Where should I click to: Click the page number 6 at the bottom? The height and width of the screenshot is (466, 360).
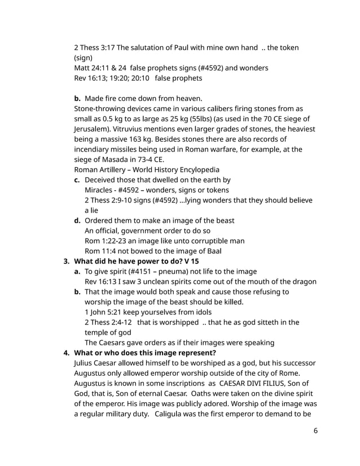tap(315, 430)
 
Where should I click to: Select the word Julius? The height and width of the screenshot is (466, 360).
tap(85, 363)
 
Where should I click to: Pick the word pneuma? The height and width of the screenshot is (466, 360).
tap(184, 271)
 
